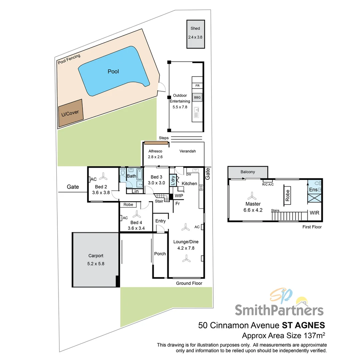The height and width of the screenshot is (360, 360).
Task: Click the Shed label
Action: (195, 29)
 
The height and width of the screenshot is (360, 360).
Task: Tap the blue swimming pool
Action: (113, 71)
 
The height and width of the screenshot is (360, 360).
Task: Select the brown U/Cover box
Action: (70, 113)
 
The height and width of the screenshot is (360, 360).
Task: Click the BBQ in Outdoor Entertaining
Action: (197, 98)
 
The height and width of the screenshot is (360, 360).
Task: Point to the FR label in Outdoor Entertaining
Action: (197, 86)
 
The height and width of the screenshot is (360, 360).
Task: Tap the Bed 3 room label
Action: (156, 177)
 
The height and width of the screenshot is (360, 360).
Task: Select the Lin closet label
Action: (135, 191)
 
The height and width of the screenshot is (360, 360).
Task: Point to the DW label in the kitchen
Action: (189, 174)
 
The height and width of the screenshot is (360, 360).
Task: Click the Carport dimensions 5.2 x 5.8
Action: (96, 263)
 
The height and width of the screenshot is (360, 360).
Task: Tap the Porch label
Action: (160, 254)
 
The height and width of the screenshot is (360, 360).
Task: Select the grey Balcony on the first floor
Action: (248, 172)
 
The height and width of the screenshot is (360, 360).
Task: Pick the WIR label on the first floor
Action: (315, 212)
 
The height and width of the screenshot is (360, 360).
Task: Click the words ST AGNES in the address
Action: (303, 325)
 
